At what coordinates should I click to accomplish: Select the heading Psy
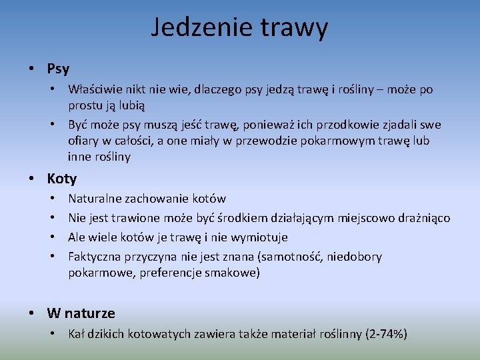[58, 69]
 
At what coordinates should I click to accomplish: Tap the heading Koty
[62, 179]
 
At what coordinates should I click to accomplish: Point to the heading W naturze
[81, 313]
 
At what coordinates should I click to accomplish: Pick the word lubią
[132, 105]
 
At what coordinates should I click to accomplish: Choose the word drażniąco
[423, 218]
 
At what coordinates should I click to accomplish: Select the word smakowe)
[233, 273]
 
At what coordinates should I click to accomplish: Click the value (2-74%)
[387, 333]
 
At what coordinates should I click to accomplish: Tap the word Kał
[77, 333]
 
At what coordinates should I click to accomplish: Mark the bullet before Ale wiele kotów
[52, 237]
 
